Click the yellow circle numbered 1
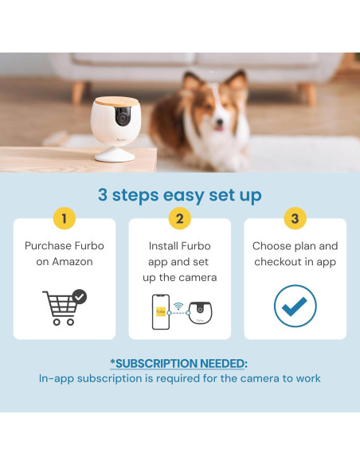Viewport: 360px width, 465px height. [65, 218]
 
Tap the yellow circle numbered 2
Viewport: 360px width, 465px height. [180, 218]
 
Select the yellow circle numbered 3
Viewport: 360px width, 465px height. [295, 218]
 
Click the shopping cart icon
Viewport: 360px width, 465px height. [65, 307]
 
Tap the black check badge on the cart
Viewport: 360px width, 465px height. [80, 296]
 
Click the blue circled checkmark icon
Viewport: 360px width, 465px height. [295, 306]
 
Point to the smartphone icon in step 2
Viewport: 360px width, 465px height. [161, 312]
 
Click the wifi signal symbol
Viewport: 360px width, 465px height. [178, 306]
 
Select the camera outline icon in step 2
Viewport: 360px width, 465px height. [201, 313]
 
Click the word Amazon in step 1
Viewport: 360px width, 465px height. [72, 261]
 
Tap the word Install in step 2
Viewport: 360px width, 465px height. [163, 246]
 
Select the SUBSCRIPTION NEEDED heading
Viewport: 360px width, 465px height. [178, 363]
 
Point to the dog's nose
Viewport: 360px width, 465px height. [219, 122]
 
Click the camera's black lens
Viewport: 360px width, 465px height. [122, 117]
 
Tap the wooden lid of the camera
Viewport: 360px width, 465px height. [116, 101]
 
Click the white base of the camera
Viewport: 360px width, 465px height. [115, 154]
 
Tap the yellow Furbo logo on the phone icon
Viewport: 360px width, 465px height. [161, 311]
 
